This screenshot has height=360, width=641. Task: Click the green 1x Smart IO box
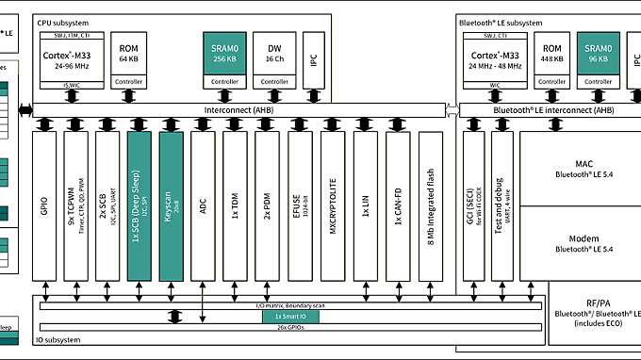[x=290, y=318]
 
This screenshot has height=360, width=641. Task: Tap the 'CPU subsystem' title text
[x=64, y=21]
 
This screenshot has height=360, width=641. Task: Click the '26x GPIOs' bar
[x=289, y=328]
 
